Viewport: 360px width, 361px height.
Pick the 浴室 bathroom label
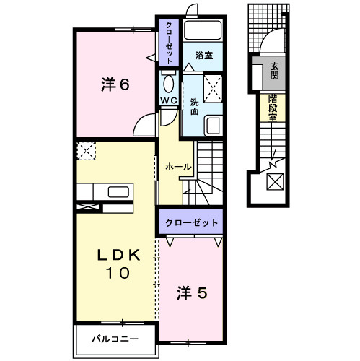click(x=204, y=54)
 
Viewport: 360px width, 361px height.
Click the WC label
click(x=169, y=100)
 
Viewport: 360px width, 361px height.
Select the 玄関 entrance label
click(x=275, y=71)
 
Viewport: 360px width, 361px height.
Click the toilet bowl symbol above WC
click(x=169, y=82)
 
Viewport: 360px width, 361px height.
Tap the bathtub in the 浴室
click(x=203, y=31)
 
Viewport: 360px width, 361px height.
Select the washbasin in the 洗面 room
click(x=214, y=126)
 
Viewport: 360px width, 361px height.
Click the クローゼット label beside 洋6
click(x=169, y=44)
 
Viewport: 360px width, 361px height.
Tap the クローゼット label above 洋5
click(x=190, y=222)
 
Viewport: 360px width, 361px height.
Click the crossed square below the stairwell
click(x=276, y=183)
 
